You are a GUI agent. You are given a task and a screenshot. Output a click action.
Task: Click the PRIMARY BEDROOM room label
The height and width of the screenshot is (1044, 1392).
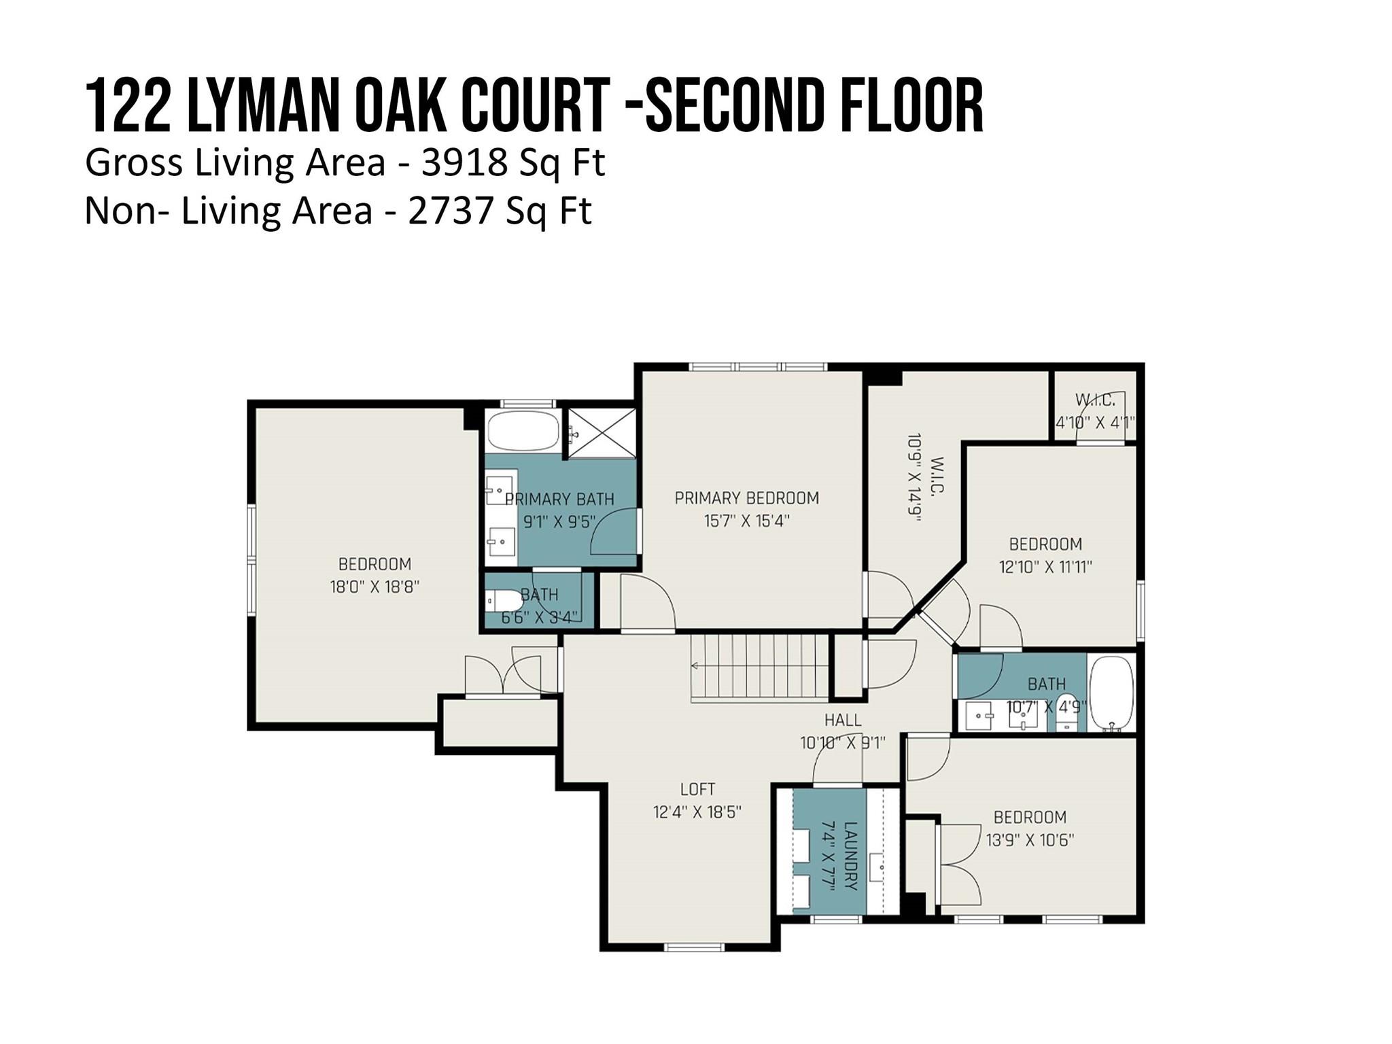click(x=746, y=498)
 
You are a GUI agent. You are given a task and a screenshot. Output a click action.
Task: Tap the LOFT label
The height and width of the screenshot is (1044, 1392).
click(x=697, y=789)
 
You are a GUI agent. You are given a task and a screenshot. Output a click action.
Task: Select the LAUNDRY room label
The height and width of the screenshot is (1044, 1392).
click(x=850, y=856)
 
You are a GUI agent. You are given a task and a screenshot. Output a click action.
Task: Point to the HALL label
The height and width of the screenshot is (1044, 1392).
click(x=843, y=720)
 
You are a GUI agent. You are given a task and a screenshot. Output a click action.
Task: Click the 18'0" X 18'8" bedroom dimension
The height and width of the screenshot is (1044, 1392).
click(x=375, y=587)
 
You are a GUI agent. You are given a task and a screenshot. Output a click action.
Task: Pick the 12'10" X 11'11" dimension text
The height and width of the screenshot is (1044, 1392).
click(x=1045, y=566)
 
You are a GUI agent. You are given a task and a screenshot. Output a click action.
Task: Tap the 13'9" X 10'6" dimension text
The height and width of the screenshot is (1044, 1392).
click(x=1030, y=840)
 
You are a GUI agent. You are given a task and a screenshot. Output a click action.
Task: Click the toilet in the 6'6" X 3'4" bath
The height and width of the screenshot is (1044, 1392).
click(x=503, y=601)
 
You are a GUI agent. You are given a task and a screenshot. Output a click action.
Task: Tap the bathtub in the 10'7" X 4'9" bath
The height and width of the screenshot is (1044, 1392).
click(x=1111, y=693)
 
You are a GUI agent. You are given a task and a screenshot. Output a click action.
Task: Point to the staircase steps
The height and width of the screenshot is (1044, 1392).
click(x=760, y=667)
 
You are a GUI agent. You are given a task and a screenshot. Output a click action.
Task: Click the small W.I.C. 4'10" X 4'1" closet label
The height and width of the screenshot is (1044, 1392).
click(x=1095, y=411)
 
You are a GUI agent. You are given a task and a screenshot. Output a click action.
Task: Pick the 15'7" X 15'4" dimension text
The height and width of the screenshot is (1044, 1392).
click(x=746, y=521)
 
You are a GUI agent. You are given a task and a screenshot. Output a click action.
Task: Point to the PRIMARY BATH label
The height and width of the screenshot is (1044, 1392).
click(x=559, y=500)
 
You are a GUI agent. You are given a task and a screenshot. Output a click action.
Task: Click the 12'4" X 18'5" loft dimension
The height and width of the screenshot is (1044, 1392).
click(x=697, y=812)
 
